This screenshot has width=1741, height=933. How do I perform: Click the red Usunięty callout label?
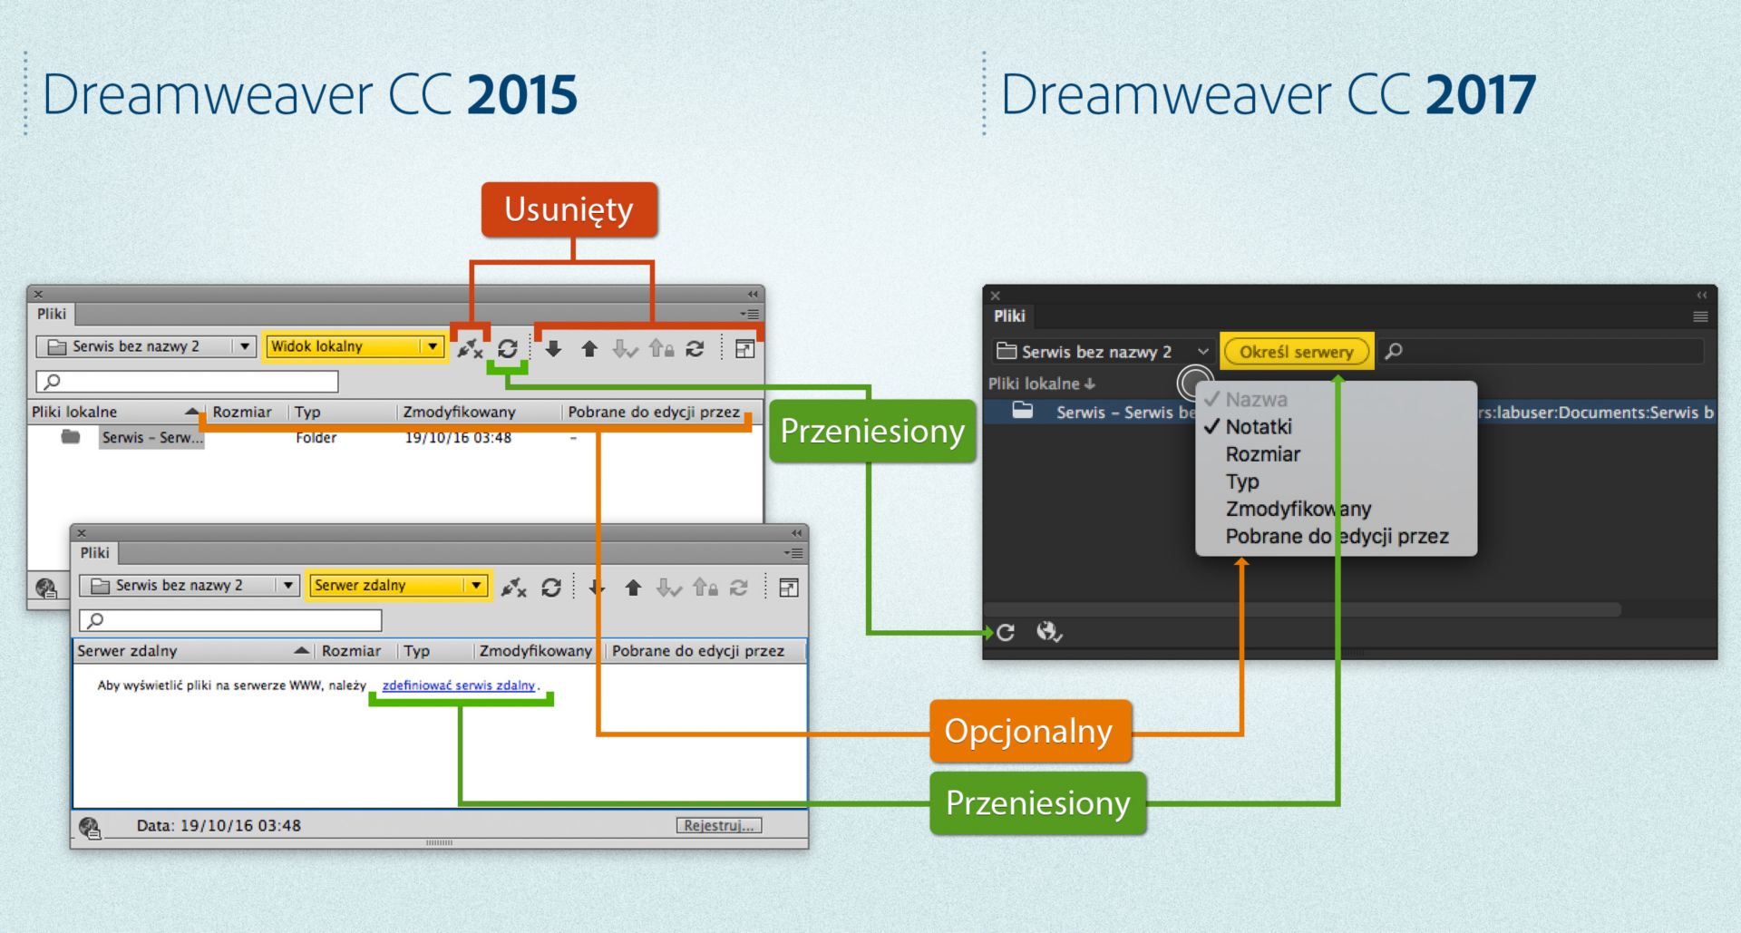point(569,209)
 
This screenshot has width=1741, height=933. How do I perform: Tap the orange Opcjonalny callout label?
point(1029,731)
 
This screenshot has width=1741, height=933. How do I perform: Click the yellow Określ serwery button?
point(1296,352)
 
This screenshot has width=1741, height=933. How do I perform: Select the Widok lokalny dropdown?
point(354,346)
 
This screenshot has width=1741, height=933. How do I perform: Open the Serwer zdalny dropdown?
point(398,586)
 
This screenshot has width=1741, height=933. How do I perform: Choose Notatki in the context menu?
point(1259,427)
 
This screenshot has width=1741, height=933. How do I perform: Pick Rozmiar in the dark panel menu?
point(1262,454)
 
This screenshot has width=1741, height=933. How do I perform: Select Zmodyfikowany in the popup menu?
point(1298,509)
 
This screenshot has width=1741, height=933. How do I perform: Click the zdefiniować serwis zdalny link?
point(459,685)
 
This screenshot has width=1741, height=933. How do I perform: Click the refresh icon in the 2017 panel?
point(1006,633)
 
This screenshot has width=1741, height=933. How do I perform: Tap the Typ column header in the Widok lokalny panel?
point(307,412)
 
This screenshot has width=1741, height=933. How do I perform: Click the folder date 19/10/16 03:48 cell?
point(458,438)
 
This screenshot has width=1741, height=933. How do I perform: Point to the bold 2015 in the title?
point(522,94)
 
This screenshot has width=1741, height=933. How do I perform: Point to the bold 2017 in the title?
point(1480,94)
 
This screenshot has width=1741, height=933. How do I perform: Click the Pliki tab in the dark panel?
point(1009,316)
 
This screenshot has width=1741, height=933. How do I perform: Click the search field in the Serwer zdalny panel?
point(231,620)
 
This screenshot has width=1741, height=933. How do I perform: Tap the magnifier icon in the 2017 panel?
point(1394,351)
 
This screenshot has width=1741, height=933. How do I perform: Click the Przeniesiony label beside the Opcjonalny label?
point(1037,803)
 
